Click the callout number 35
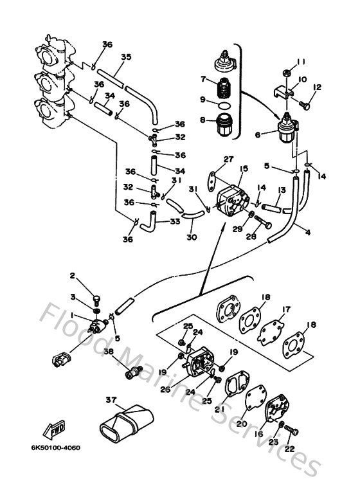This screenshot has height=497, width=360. [x=125, y=57]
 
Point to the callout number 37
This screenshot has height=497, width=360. [x=112, y=400]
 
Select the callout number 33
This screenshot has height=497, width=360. [x=174, y=222]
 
